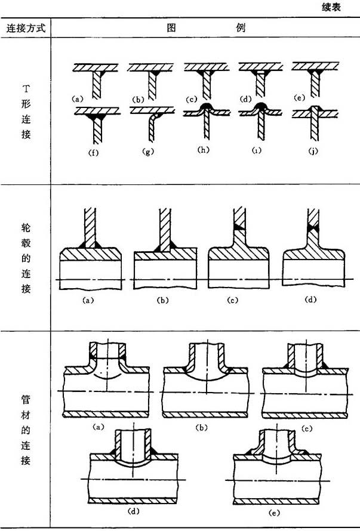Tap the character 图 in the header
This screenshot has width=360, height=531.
coord(169,29)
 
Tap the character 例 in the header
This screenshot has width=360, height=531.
coord(241,29)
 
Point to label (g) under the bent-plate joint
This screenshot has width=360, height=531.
coord(148,152)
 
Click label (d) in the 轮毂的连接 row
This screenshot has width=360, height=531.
coord(310,299)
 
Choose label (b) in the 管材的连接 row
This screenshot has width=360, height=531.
coord(199,427)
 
